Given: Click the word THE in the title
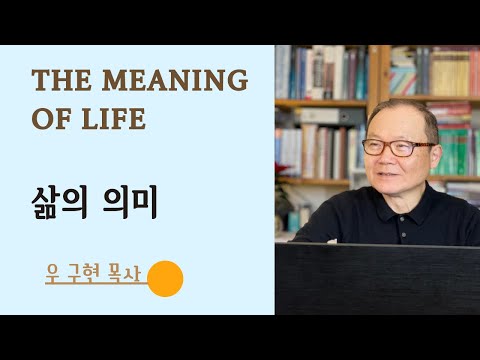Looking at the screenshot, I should [x=58, y=80].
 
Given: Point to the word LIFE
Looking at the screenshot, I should [x=114, y=119].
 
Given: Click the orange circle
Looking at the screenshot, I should [x=165, y=279].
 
